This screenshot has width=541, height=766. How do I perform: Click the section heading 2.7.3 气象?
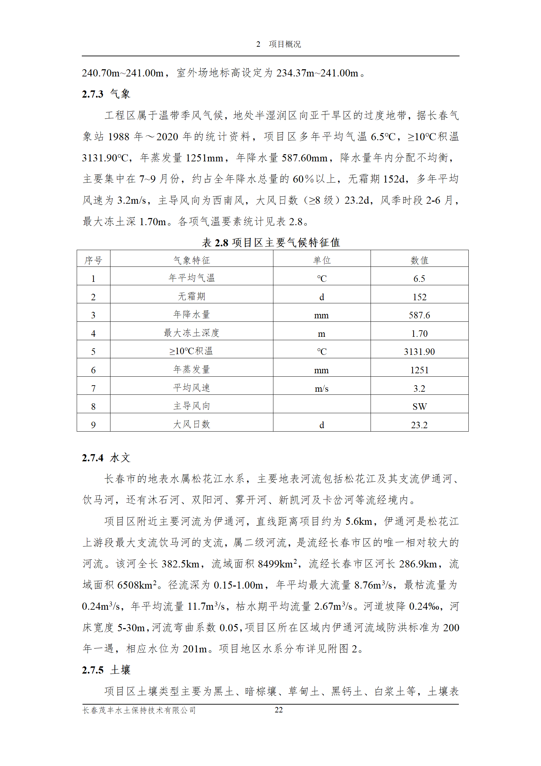tap(106, 94)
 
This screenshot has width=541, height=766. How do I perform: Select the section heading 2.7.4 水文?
tap(106, 458)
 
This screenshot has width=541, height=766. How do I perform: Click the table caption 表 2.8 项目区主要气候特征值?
tap(271, 242)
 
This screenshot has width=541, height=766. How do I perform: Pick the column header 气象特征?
tap(192, 260)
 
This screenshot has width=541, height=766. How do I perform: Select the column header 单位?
tap(321, 260)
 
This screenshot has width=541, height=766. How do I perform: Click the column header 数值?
tap(419, 260)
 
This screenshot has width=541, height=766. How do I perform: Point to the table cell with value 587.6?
tap(419, 315)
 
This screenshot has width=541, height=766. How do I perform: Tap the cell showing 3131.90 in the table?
tap(419, 351)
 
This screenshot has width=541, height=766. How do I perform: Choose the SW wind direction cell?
tap(419, 406)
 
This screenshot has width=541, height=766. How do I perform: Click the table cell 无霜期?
tap(192, 296)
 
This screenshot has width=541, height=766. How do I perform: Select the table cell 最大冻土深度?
tap(192, 333)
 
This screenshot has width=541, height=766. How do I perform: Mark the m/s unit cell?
tap(321, 388)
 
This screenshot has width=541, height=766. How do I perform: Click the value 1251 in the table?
tap(419, 370)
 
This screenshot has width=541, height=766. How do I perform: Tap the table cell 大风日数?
tap(192, 424)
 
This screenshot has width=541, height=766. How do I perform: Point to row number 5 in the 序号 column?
tap(93, 351)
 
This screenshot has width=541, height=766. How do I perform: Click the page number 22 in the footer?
tap(279, 710)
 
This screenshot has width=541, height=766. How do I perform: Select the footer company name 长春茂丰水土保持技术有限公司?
tap(139, 710)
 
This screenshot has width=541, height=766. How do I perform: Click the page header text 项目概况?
tap(285, 44)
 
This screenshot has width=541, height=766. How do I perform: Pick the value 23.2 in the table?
tap(419, 425)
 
